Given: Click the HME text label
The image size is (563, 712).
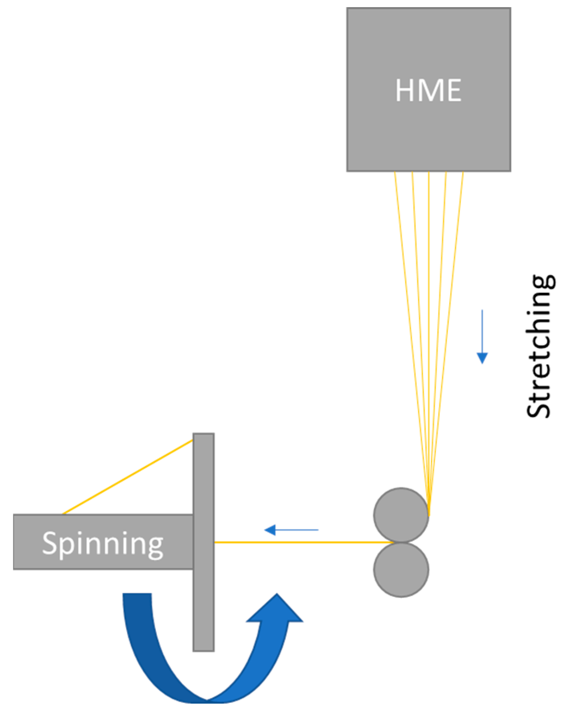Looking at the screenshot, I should [x=428, y=90].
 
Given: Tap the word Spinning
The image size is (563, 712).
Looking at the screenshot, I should [x=103, y=544].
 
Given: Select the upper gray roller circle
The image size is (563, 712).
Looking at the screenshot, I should [x=401, y=515].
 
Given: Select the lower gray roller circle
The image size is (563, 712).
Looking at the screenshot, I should [x=401, y=570].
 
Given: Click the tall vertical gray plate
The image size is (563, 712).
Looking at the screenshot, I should [x=203, y=602].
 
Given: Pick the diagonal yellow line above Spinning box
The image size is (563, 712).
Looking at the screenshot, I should [x=128, y=477].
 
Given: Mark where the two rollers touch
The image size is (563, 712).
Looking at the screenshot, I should [x=401, y=542].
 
